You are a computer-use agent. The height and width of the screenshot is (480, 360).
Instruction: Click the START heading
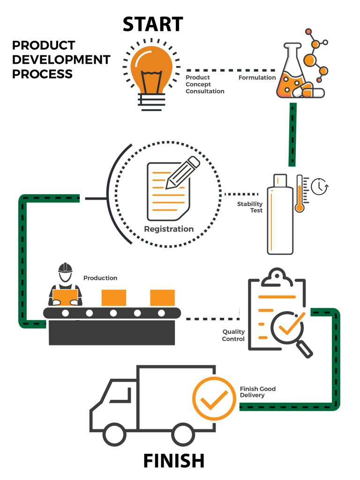pos(153,24)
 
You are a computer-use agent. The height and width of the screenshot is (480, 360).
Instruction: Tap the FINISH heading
pos(173,460)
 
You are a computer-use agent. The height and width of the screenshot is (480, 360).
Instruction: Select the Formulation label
pos(257,77)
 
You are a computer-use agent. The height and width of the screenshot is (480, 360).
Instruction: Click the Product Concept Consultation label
pos(205,84)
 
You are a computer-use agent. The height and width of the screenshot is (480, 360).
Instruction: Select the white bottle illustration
pos(280,216)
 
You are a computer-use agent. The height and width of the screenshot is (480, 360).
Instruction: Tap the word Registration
pos(169,229)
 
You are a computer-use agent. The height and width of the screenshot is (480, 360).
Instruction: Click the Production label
pos(100,278)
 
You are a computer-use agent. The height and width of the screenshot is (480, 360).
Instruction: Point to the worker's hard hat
pos(65,268)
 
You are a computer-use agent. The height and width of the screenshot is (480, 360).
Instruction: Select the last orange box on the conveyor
pos(162,298)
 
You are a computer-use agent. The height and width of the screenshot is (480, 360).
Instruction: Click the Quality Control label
pos(233,335)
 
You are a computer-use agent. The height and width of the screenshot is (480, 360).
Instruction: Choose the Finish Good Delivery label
pos(258,392)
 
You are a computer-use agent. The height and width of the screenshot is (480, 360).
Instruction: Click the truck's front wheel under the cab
pos(114,434)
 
